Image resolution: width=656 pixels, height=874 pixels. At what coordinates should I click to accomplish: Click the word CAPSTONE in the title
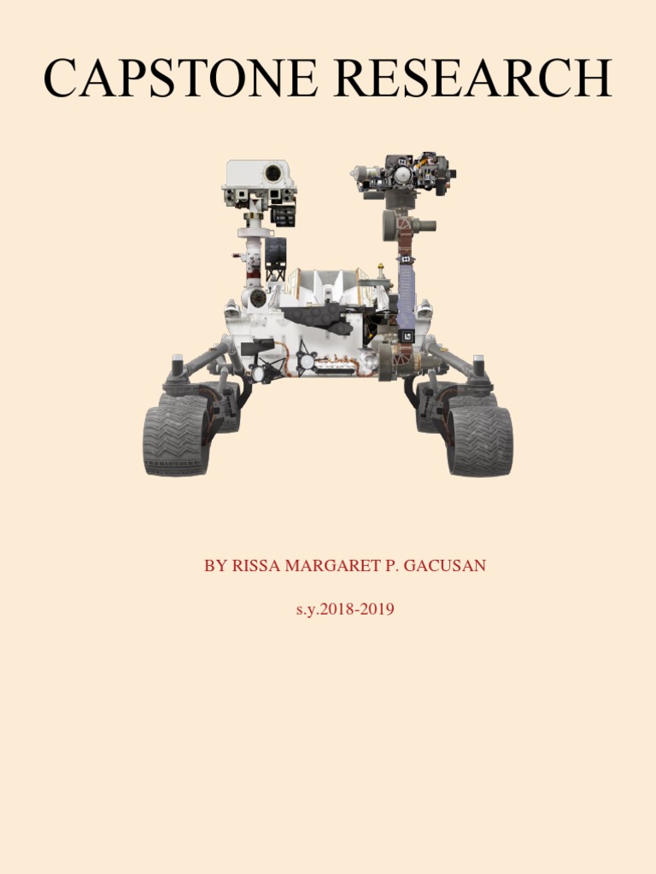181,78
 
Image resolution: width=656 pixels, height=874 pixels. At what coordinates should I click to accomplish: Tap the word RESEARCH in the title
473,78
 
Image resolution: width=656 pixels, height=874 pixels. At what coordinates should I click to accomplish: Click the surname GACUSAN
444,565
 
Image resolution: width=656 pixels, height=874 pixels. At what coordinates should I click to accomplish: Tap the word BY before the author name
215,565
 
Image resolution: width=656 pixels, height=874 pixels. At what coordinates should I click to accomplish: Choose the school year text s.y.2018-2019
345,609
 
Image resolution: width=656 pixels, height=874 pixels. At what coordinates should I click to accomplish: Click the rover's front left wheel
176,441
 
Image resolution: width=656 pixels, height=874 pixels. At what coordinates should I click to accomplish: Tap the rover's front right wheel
480,441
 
